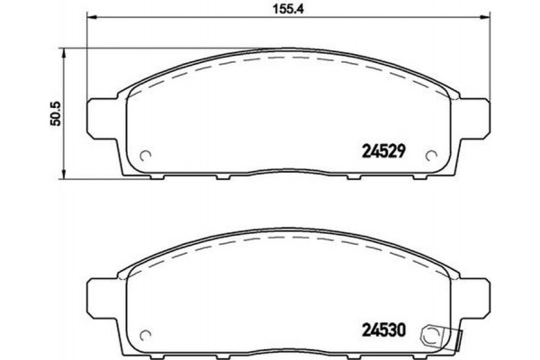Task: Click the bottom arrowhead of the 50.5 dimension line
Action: pos(64,173)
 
